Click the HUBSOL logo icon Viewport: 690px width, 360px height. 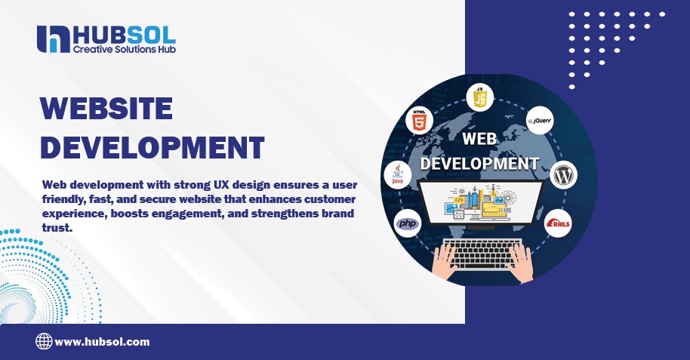53,39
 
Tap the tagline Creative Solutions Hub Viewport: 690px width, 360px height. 124,49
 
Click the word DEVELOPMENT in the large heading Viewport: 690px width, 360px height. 152,146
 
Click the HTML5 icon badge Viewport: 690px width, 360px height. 419,121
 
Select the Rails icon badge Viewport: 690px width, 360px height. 559,223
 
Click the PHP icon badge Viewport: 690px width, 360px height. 407,224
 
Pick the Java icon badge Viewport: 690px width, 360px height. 398,175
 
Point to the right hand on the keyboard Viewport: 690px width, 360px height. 522,260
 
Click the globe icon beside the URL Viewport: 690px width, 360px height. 44,342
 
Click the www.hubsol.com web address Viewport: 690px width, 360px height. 102,342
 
